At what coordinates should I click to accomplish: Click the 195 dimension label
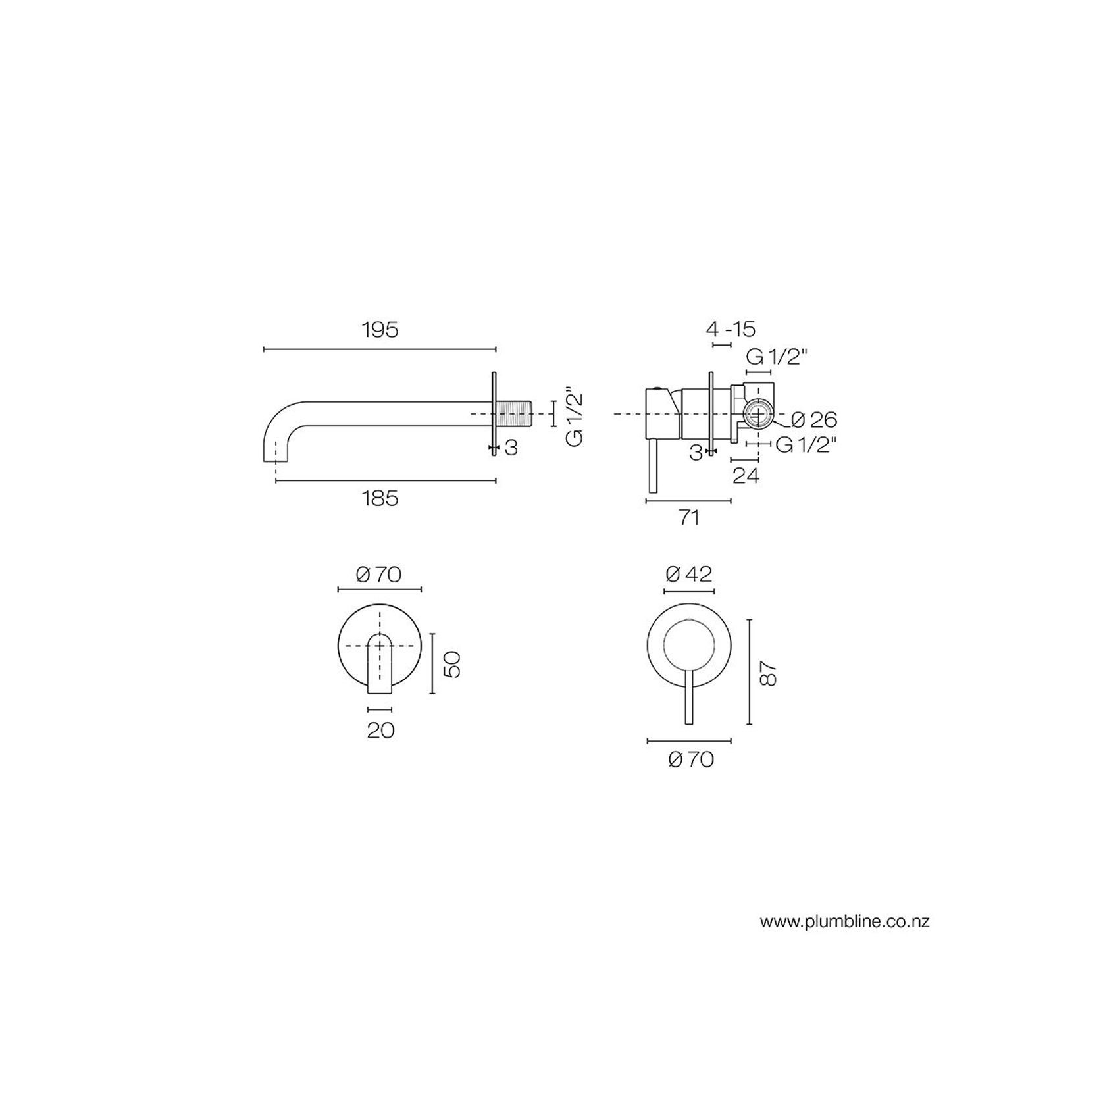pyautogui.click(x=380, y=330)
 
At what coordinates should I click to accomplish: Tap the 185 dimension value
pyautogui.click(x=380, y=498)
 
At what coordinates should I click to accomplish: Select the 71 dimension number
pyautogui.click(x=688, y=518)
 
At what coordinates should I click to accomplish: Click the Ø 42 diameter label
pyautogui.click(x=689, y=575)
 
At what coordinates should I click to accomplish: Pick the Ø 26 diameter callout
pyautogui.click(x=814, y=419)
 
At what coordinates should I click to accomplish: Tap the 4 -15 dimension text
pyautogui.click(x=730, y=328)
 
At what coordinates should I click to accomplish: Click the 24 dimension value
pyautogui.click(x=746, y=476)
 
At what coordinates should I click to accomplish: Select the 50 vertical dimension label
pyautogui.click(x=452, y=663)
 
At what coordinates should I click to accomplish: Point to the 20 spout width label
pyautogui.click(x=380, y=730)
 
